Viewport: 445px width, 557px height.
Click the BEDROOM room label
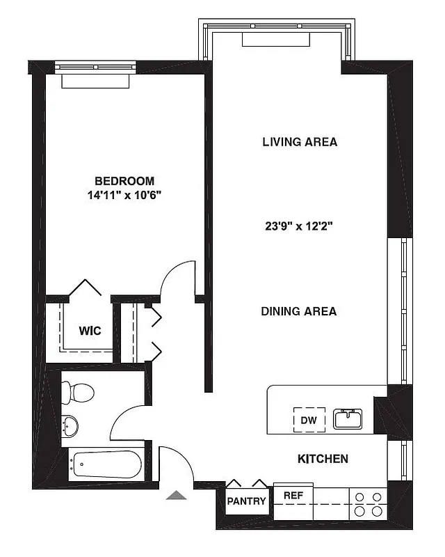point(124,180)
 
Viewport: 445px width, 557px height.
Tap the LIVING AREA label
point(300,142)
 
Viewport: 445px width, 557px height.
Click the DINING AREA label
point(299,311)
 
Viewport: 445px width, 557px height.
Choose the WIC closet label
point(90,331)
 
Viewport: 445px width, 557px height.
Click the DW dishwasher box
point(307,420)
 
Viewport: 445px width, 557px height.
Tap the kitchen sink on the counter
point(347,418)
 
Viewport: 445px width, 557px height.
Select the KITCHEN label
point(323,459)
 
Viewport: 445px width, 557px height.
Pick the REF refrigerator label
point(293,495)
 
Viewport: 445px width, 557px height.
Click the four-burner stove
point(368,504)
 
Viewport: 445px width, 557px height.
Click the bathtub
point(106,464)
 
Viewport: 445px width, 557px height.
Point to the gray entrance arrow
point(177,496)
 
